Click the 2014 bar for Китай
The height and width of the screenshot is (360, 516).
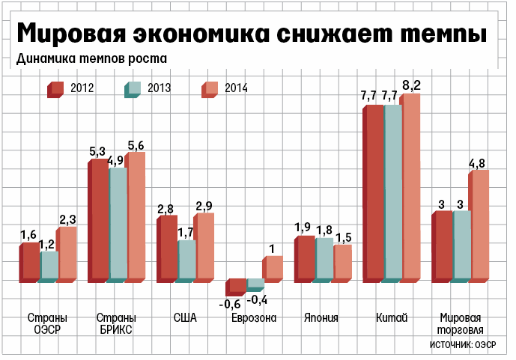pyautogui.click(x=411, y=187)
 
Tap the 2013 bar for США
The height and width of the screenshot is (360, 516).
pyautogui.click(x=186, y=260)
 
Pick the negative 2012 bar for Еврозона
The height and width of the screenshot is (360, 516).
pyautogui.click(x=237, y=286)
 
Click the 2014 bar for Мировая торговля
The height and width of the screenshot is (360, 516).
pyautogui.click(x=479, y=225)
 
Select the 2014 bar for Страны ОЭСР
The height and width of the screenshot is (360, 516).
pyautogui.click(x=67, y=253)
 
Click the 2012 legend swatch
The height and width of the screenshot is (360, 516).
pyautogui.click(x=56, y=89)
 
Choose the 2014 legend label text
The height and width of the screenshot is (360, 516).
pyautogui.click(x=234, y=88)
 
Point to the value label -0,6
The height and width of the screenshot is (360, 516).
pyautogui.click(x=229, y=304)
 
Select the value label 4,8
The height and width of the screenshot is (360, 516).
pyautogui.click(x=478, y=163)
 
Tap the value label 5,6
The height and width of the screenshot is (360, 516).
pyautogui.click(x=136, y=145)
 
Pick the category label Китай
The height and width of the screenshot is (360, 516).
pyautogui.click(x=392, y=318)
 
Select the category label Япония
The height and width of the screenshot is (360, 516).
pyautogui.click(x=321, y=318)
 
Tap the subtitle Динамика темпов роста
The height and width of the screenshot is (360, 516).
pyautogui.click(x=91, y=58)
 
